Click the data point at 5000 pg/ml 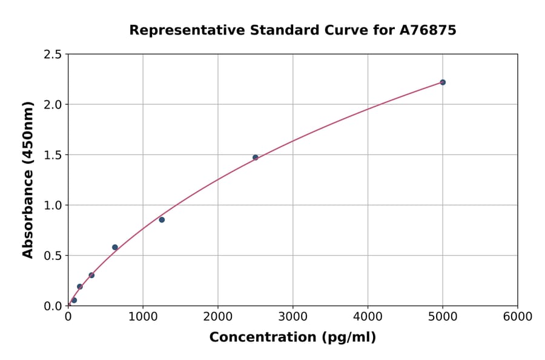click(443, 82)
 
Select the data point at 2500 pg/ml click(256, 158)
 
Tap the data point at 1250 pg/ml click(162, 220)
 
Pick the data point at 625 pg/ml click(115, 247)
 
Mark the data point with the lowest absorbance click(74, 301)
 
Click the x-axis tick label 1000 click(143, 317)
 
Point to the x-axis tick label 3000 click(292, 317)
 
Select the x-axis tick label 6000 click(517, 317)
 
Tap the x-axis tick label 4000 click(368, 317)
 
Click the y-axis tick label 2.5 click(53, 55)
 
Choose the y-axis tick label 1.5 click(53, 155)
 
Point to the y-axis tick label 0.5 click(53, 256)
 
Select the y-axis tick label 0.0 click(53, 306)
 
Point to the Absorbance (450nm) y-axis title click(28, 180)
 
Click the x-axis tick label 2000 click(218, 317)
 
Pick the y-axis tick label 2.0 click(53, 105)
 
